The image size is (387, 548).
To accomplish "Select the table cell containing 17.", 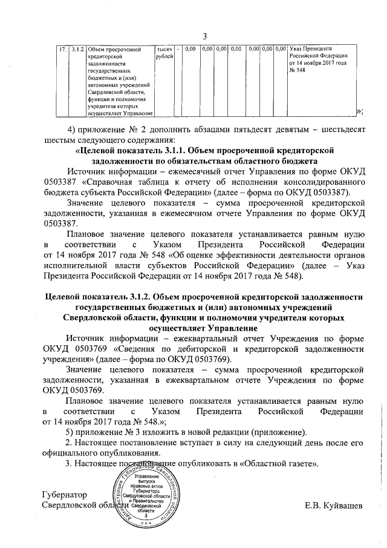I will click(x=62, y=48).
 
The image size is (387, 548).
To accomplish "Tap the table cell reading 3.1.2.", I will click(x=77, y=48).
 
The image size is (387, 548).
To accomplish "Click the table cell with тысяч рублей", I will click(x=164, y=52).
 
